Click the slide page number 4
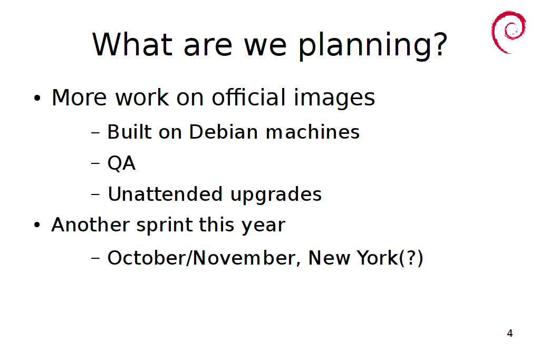(510, 333)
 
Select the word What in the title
(132, 44)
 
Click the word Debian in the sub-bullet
(224, 132)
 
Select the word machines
(313, 132)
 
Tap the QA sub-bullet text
(122, 163)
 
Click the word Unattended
(165, 194)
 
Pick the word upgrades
(276, 195)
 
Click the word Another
(90, 225)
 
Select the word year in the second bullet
(263, 226)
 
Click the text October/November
(201, 258)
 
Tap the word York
(377, 258)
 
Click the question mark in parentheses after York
(411, 258)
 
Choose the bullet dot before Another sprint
(37, 226)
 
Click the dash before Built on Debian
(95, 132)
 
